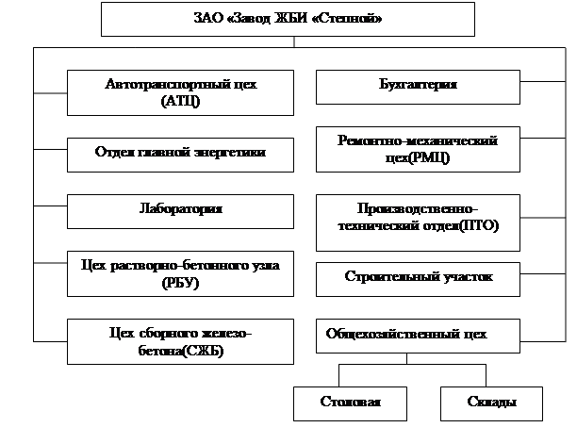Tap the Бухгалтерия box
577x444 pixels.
(x=417, y=86)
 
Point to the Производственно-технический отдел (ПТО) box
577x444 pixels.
(x=417, y=220)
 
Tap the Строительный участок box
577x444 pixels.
(x=417, y=278)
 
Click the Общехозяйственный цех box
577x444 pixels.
(x=417, y=334)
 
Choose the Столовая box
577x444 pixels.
(x=350, y=403)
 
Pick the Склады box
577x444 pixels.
(x=491, y=403)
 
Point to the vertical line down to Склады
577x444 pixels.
(x=490, y=372)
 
